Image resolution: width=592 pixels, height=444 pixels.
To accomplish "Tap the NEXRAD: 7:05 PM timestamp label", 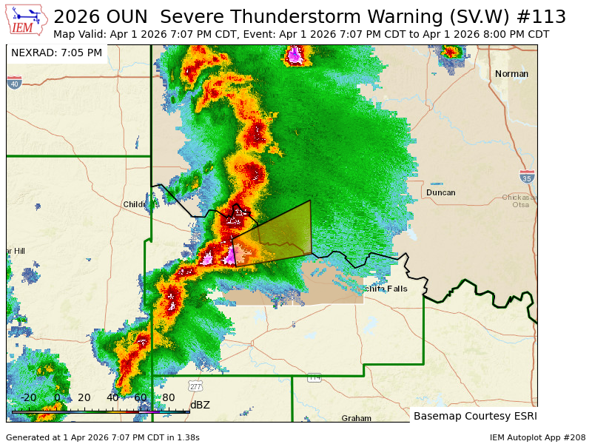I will [57, 53].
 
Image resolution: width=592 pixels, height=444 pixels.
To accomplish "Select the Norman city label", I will [511, 74].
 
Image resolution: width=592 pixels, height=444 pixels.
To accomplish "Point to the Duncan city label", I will [440, 192].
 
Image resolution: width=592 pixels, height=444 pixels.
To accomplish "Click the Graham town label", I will [356, 418].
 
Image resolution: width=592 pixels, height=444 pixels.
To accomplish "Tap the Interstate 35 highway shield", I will [526, 177].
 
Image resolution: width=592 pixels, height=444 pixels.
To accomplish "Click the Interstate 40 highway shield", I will [14, 84].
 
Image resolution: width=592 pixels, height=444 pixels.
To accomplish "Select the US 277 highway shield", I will [195, 386].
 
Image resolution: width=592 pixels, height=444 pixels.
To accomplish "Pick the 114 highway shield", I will [314, 377].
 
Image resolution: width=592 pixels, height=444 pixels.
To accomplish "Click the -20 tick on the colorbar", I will [28, 397].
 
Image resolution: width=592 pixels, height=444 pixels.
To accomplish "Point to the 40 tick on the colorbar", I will [112, 397].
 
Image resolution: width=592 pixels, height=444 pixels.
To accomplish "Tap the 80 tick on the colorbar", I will [169, 397].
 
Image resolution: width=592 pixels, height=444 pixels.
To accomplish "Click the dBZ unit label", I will [200, 405].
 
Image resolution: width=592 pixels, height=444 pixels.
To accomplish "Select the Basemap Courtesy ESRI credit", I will [475, 416].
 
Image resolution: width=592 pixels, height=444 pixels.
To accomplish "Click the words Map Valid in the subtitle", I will [80, 35].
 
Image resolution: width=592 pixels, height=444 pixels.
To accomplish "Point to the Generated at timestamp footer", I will [102, 437].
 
